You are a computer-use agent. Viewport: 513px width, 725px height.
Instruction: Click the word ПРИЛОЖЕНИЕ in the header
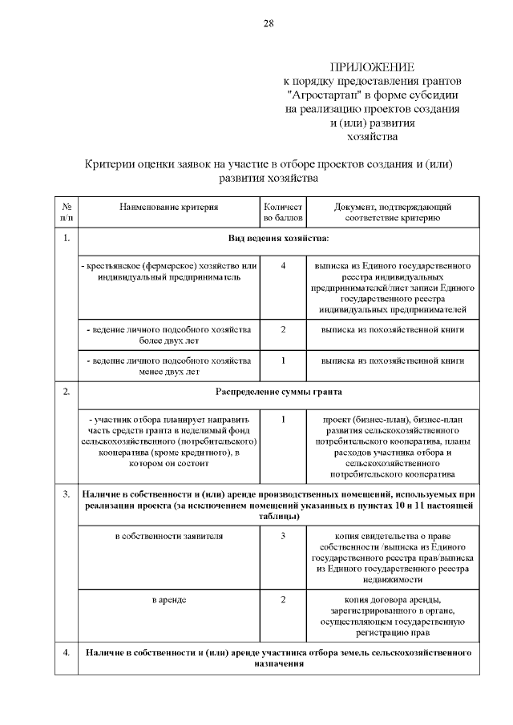[x=375, y=67]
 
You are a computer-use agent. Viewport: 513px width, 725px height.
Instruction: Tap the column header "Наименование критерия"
[x=168, y=206]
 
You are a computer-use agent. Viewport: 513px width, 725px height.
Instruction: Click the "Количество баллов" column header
[x=283, y=211]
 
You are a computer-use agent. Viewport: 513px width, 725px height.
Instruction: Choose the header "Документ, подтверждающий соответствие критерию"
[x=392, y=211]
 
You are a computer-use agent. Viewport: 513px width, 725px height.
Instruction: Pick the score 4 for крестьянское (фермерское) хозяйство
[x=283, y=265]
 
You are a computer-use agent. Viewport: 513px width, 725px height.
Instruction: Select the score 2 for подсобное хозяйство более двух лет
[x=283, y=329]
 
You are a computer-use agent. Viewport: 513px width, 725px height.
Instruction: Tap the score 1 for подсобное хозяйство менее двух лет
[x=283, y=360]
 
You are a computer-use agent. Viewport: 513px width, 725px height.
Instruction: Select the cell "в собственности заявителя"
[x=168, y=535]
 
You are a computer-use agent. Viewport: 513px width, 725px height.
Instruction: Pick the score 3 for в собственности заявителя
[x=283, y=535]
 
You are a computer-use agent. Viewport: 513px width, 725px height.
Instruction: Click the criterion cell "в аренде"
[x=168, y=599]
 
